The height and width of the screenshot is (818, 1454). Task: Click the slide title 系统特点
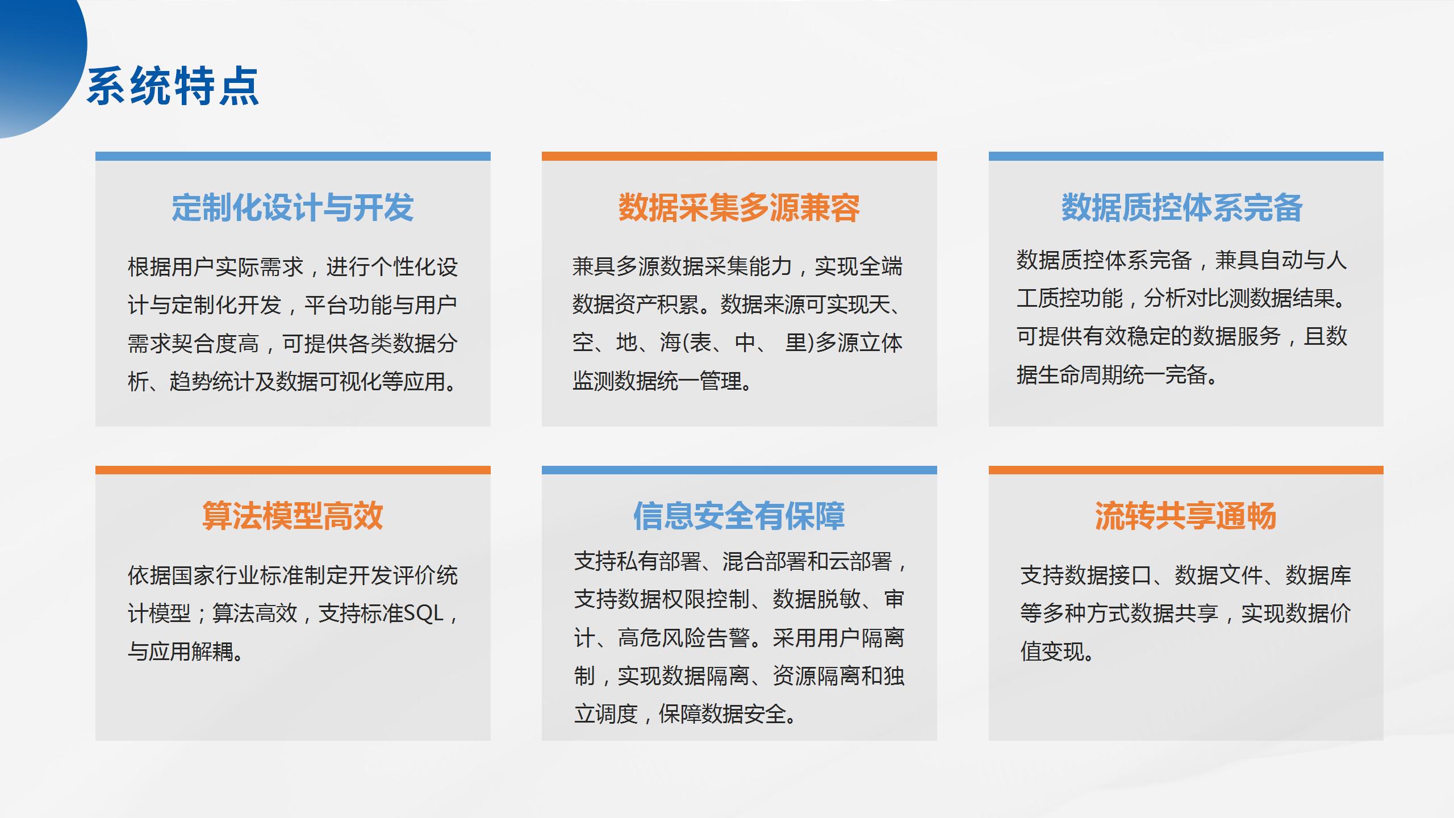173,86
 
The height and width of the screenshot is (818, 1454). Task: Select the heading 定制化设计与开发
293,207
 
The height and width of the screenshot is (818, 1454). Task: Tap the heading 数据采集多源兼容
739,207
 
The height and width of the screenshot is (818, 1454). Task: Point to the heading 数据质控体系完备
1182,207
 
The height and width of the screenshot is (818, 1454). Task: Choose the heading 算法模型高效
293,516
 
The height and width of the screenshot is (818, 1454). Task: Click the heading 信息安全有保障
739,516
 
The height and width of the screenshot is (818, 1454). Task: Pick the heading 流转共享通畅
1186,516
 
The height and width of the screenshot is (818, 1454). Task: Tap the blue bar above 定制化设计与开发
293,156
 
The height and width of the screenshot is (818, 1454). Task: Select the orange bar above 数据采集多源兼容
739,156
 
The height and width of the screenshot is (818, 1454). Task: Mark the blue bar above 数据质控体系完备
1186,156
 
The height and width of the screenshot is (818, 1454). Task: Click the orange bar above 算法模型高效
293,470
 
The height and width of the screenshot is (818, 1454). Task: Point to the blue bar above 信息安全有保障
739,470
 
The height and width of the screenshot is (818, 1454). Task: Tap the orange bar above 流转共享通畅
1186,470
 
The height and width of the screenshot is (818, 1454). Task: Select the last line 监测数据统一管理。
662,381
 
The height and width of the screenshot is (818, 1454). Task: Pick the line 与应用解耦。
186,652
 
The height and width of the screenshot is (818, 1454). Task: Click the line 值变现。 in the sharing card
1057,652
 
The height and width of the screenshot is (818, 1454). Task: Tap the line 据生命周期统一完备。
1117,375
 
